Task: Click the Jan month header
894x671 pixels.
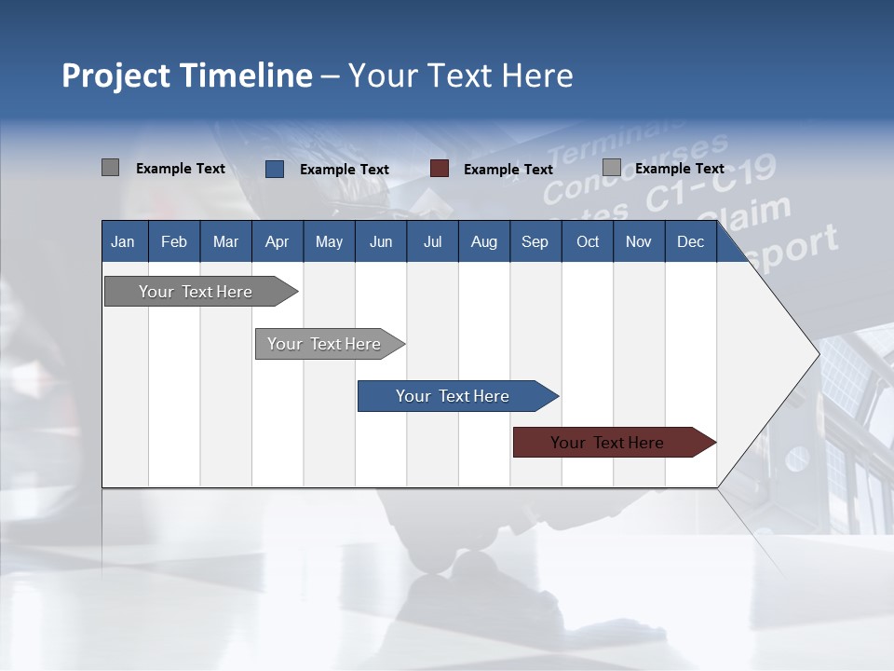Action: click(123, 241)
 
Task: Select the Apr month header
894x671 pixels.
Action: click(277, 241)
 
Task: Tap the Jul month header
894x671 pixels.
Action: click(432, 241)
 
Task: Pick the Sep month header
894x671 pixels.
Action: click(535, 241)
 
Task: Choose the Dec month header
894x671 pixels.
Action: click(690, 241)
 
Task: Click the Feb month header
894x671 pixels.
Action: click(174, 241)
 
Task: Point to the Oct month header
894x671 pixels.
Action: click(588, 241)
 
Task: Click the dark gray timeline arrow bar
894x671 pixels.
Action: click(196, 292)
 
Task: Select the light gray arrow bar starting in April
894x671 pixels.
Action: click(324, 344)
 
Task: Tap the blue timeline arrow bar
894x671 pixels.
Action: click(453, 396)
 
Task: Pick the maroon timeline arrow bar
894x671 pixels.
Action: click(607, 443)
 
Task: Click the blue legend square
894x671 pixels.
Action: click(275, 169)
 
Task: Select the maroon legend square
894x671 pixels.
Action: click(440, 169)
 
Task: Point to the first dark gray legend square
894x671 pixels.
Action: click(111, 168)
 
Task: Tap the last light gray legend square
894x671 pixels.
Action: click(612, 168)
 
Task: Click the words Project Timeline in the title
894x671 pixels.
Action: click(186, 75)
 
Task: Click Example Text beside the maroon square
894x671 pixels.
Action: click(508, 170)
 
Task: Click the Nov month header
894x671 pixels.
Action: click(639, 241)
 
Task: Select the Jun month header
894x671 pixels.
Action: click(381, 241)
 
